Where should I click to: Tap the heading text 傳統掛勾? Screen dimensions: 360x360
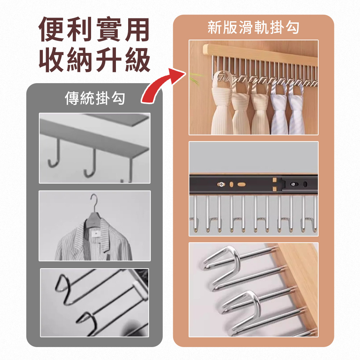click(x=95, y=98)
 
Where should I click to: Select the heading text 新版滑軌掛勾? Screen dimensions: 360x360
click(x=253, y=27)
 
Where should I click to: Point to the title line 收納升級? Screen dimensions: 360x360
click(x=94, y=60)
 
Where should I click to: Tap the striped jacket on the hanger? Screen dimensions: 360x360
click(x=94, y=239)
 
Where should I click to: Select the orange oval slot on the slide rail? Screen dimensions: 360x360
click(x=242, y=184)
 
